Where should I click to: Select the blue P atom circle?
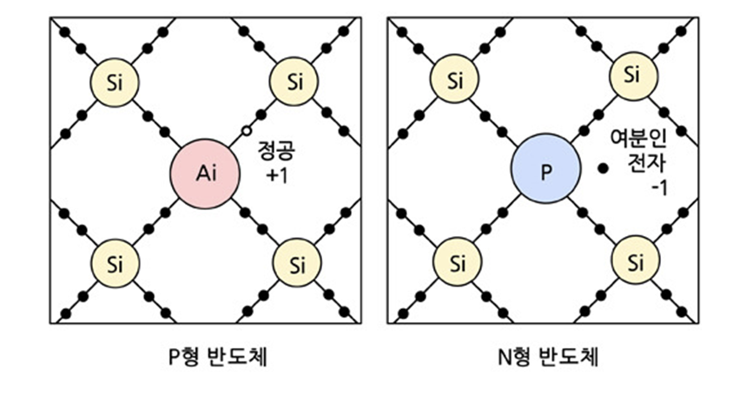pos(545,172)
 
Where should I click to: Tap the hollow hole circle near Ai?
pos(247,131)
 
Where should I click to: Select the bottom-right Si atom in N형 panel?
pos(636,261)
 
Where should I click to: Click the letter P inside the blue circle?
pos(545,172)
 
